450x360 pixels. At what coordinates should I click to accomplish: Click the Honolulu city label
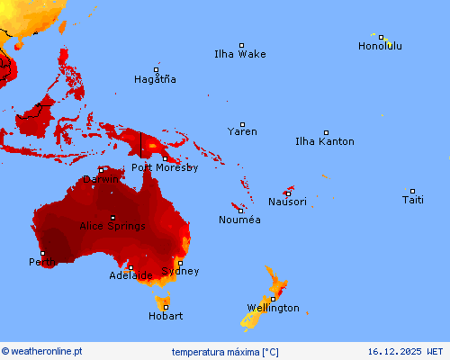[x=380, y=46]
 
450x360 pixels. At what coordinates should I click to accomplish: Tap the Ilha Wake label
[x=239, y=54]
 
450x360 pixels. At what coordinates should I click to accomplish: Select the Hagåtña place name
[x=155, y=79]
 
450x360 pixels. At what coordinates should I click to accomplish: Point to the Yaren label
[x=242, y=131]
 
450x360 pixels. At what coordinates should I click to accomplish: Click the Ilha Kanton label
[x=324, y=141]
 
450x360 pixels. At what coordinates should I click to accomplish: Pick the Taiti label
[x=412, y=200]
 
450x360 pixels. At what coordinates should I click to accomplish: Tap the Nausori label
[x=287, y=202]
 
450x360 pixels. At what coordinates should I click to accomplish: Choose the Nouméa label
[x=239, y=220]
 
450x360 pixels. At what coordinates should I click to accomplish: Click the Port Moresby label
[x=165, y=166]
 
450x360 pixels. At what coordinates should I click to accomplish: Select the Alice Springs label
[x=112, y=227]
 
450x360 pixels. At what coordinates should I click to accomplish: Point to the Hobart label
[x=166, y=316]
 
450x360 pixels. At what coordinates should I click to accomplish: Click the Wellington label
[x=273, y=308]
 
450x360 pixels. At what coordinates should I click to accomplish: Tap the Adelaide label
[x=130, y=275]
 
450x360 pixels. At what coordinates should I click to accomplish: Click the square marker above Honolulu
[x=382, y=38]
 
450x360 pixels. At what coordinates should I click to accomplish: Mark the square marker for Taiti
[x=412, y=191]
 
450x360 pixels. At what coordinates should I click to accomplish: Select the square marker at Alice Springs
[x=112, y=218]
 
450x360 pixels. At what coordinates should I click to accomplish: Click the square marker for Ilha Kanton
[x=326, y=132]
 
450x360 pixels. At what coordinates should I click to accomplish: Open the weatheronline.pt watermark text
[x=42, y=351]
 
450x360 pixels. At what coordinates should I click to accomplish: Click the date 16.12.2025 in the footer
[x=405, y=351]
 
